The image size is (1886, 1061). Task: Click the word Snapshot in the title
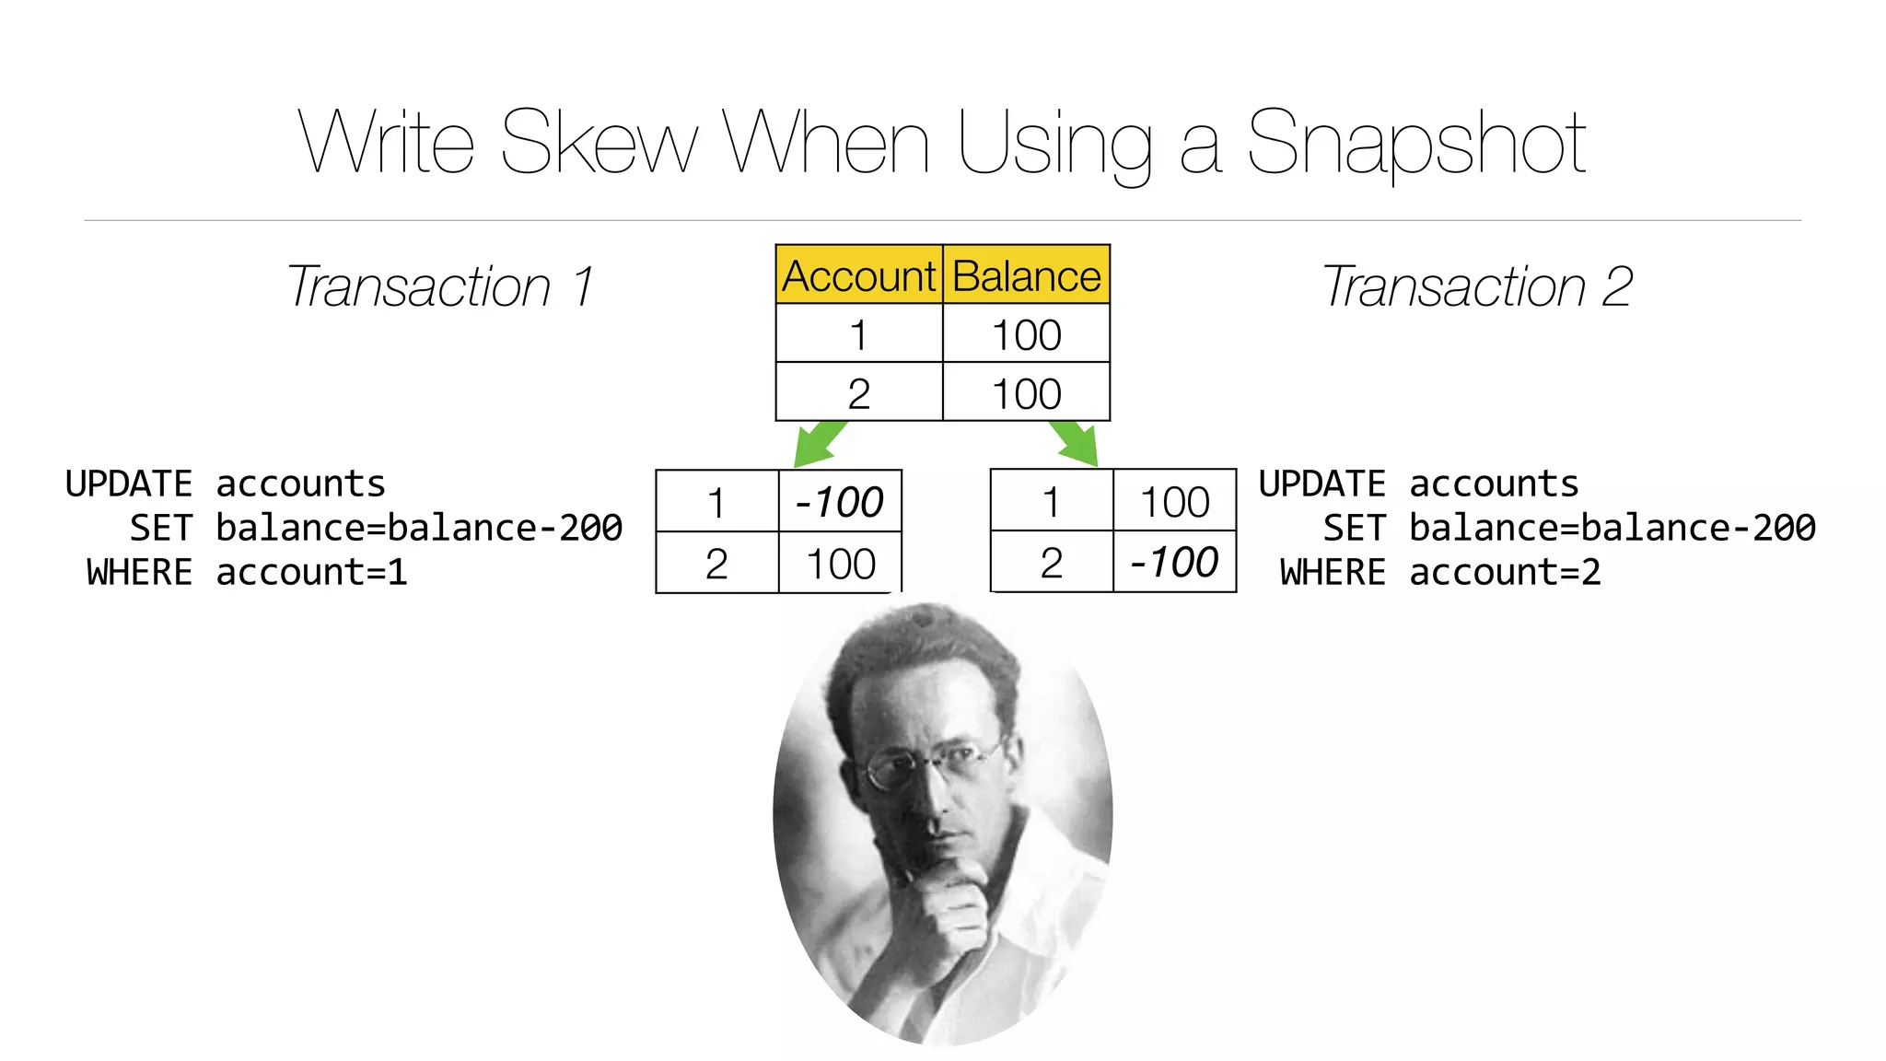point(1415,144)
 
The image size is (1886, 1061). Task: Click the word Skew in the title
point(599,144)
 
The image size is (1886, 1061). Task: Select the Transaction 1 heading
point(440,286)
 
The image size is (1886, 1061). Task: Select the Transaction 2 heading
point(1477,286)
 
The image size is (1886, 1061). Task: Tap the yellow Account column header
point(858,275)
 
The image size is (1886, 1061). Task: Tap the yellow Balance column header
point(1026,275)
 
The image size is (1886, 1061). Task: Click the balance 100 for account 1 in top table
point(1026,334)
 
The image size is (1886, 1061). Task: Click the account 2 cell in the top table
point(858,393)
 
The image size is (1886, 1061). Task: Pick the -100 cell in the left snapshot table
point(839,502)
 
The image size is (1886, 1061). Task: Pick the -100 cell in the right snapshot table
point(1174,562)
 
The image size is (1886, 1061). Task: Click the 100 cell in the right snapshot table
point(1174,502)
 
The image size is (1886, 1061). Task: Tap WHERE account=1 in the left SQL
point(247,573)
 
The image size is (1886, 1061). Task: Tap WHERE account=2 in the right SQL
point(1439,573)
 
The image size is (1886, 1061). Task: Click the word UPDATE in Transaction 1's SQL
point(129,484)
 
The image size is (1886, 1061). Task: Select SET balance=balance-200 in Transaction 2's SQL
point(1569,529)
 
